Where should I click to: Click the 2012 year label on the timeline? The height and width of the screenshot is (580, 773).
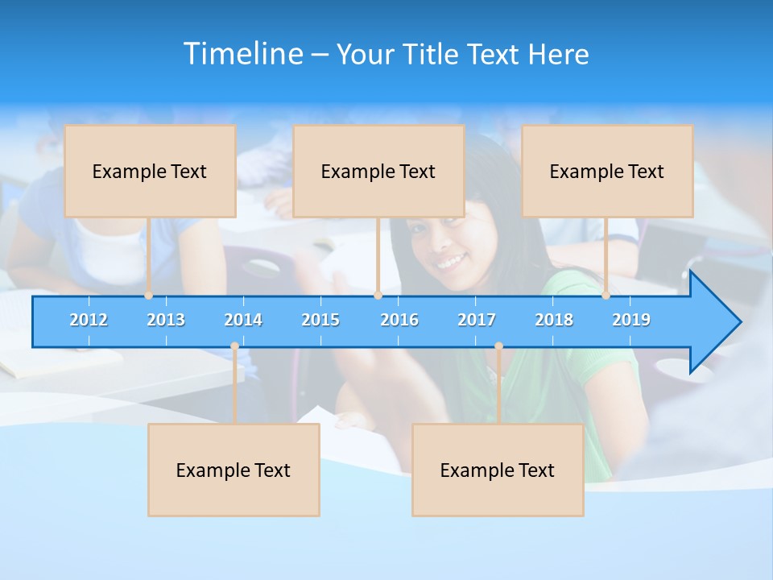coord(89,320)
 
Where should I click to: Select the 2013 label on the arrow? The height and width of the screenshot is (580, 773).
coord(166,320)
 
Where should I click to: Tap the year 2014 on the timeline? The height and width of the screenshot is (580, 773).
coord(243,320)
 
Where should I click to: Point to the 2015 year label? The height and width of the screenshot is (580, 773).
coord(320,320)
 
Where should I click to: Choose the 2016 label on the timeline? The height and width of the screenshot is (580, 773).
coord(399,320)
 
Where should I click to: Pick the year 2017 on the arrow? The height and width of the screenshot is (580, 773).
coord(477,320)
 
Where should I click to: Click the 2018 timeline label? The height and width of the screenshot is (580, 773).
coord(554,320)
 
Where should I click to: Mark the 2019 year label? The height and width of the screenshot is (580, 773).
coord(631,320)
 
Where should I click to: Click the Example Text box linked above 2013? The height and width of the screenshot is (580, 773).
coord(150,171)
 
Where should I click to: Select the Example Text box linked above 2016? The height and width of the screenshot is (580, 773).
coord(378,171)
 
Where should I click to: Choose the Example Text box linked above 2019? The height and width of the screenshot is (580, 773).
coord(607,171)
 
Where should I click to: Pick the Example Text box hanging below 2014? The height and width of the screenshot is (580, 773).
coord(234,470)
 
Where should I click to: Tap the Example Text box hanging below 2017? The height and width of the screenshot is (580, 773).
coord(498,470)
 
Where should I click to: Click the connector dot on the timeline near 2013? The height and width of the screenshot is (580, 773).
coord(149,296)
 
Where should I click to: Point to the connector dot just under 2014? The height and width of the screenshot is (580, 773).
coord(234,346)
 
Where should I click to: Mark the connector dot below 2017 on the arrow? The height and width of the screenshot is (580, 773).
coord(498,346)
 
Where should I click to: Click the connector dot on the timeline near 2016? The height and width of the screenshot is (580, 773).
coord(378,296)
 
